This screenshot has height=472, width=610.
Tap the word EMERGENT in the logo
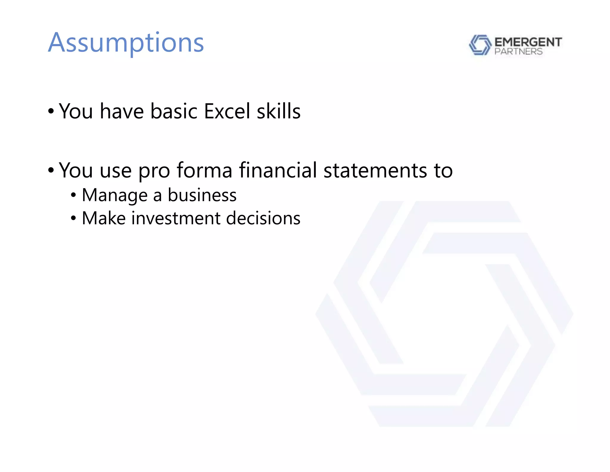coord(528,42)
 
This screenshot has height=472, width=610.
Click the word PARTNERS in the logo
coord(518,52)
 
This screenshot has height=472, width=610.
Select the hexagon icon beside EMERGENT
coord(480,45)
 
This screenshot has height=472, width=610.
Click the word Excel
coord(227,111)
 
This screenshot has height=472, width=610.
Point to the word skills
coord(278,111)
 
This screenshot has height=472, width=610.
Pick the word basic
coord(174,111)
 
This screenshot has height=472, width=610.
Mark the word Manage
coord(115,195)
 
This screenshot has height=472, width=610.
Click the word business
coord(202,195)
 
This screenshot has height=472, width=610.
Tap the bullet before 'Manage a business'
coord(74,196)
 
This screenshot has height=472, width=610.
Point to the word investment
coord(176,218)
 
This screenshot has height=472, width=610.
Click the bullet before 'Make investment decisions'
coord(74,219)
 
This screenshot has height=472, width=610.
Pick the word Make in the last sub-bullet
coord(104,218)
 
